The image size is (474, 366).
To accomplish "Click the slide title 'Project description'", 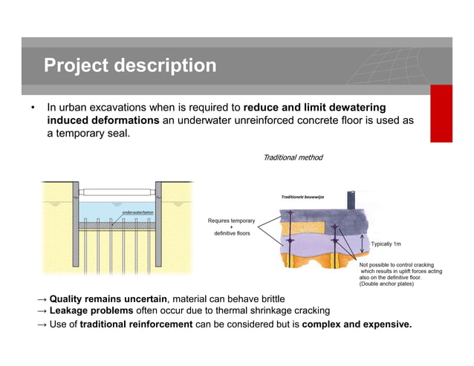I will [130, 66].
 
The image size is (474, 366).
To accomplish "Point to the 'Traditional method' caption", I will [293, 157].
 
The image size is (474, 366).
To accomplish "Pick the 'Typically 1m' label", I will [386, 244].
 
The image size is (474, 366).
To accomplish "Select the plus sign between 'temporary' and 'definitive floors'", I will [231, 227].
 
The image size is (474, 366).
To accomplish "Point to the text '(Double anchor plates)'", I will [386, 284].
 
